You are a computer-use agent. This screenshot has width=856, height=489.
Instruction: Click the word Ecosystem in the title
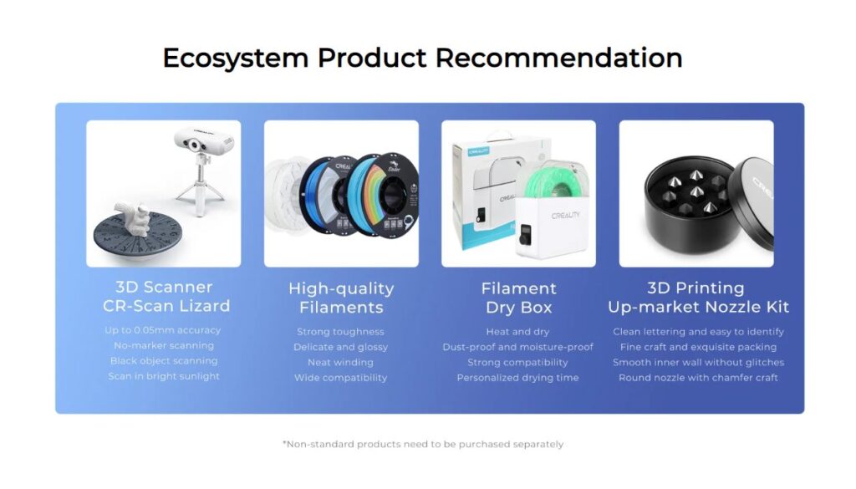(x=236, y=59)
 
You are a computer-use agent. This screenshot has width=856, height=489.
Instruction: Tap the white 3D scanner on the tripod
(x=204, y=142)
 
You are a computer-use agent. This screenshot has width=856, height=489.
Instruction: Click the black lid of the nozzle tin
(x=752, y=202)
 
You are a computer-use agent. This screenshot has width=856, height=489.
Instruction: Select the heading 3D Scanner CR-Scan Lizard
(x=166, y=297)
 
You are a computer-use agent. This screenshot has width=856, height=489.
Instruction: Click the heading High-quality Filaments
(x=341, y=298)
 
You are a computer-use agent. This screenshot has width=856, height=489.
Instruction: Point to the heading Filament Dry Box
(x=518, y=298)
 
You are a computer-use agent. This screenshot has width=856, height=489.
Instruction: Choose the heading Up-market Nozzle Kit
(x=698, y=307)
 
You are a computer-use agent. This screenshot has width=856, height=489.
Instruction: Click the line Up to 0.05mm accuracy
(x=163, y=330)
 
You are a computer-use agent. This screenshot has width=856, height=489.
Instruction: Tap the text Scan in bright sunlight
(x=164, y=376)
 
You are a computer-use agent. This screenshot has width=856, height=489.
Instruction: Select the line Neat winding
(x=340, y=363)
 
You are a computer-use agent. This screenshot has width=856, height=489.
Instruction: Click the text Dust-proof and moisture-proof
(x=517, y=347)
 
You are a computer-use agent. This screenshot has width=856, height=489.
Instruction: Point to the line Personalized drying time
(x=517, y=378)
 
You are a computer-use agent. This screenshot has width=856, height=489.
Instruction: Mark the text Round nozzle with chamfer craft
(x=698, y=378)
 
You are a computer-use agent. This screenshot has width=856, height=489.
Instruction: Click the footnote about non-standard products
(x=423, y=444)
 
